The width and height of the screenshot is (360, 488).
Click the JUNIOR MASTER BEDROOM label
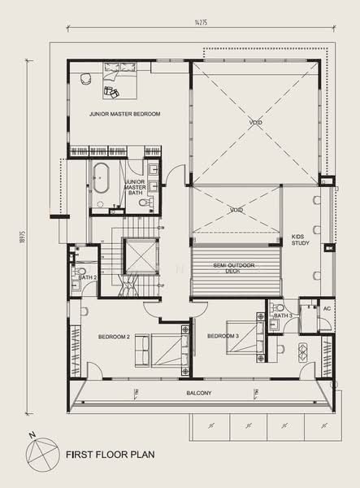[x=124, y=114]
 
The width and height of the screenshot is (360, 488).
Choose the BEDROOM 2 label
[x=115, y=336]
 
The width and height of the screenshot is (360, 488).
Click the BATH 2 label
[x=89, y=277]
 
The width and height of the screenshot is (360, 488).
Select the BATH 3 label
[x=282, y=315]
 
